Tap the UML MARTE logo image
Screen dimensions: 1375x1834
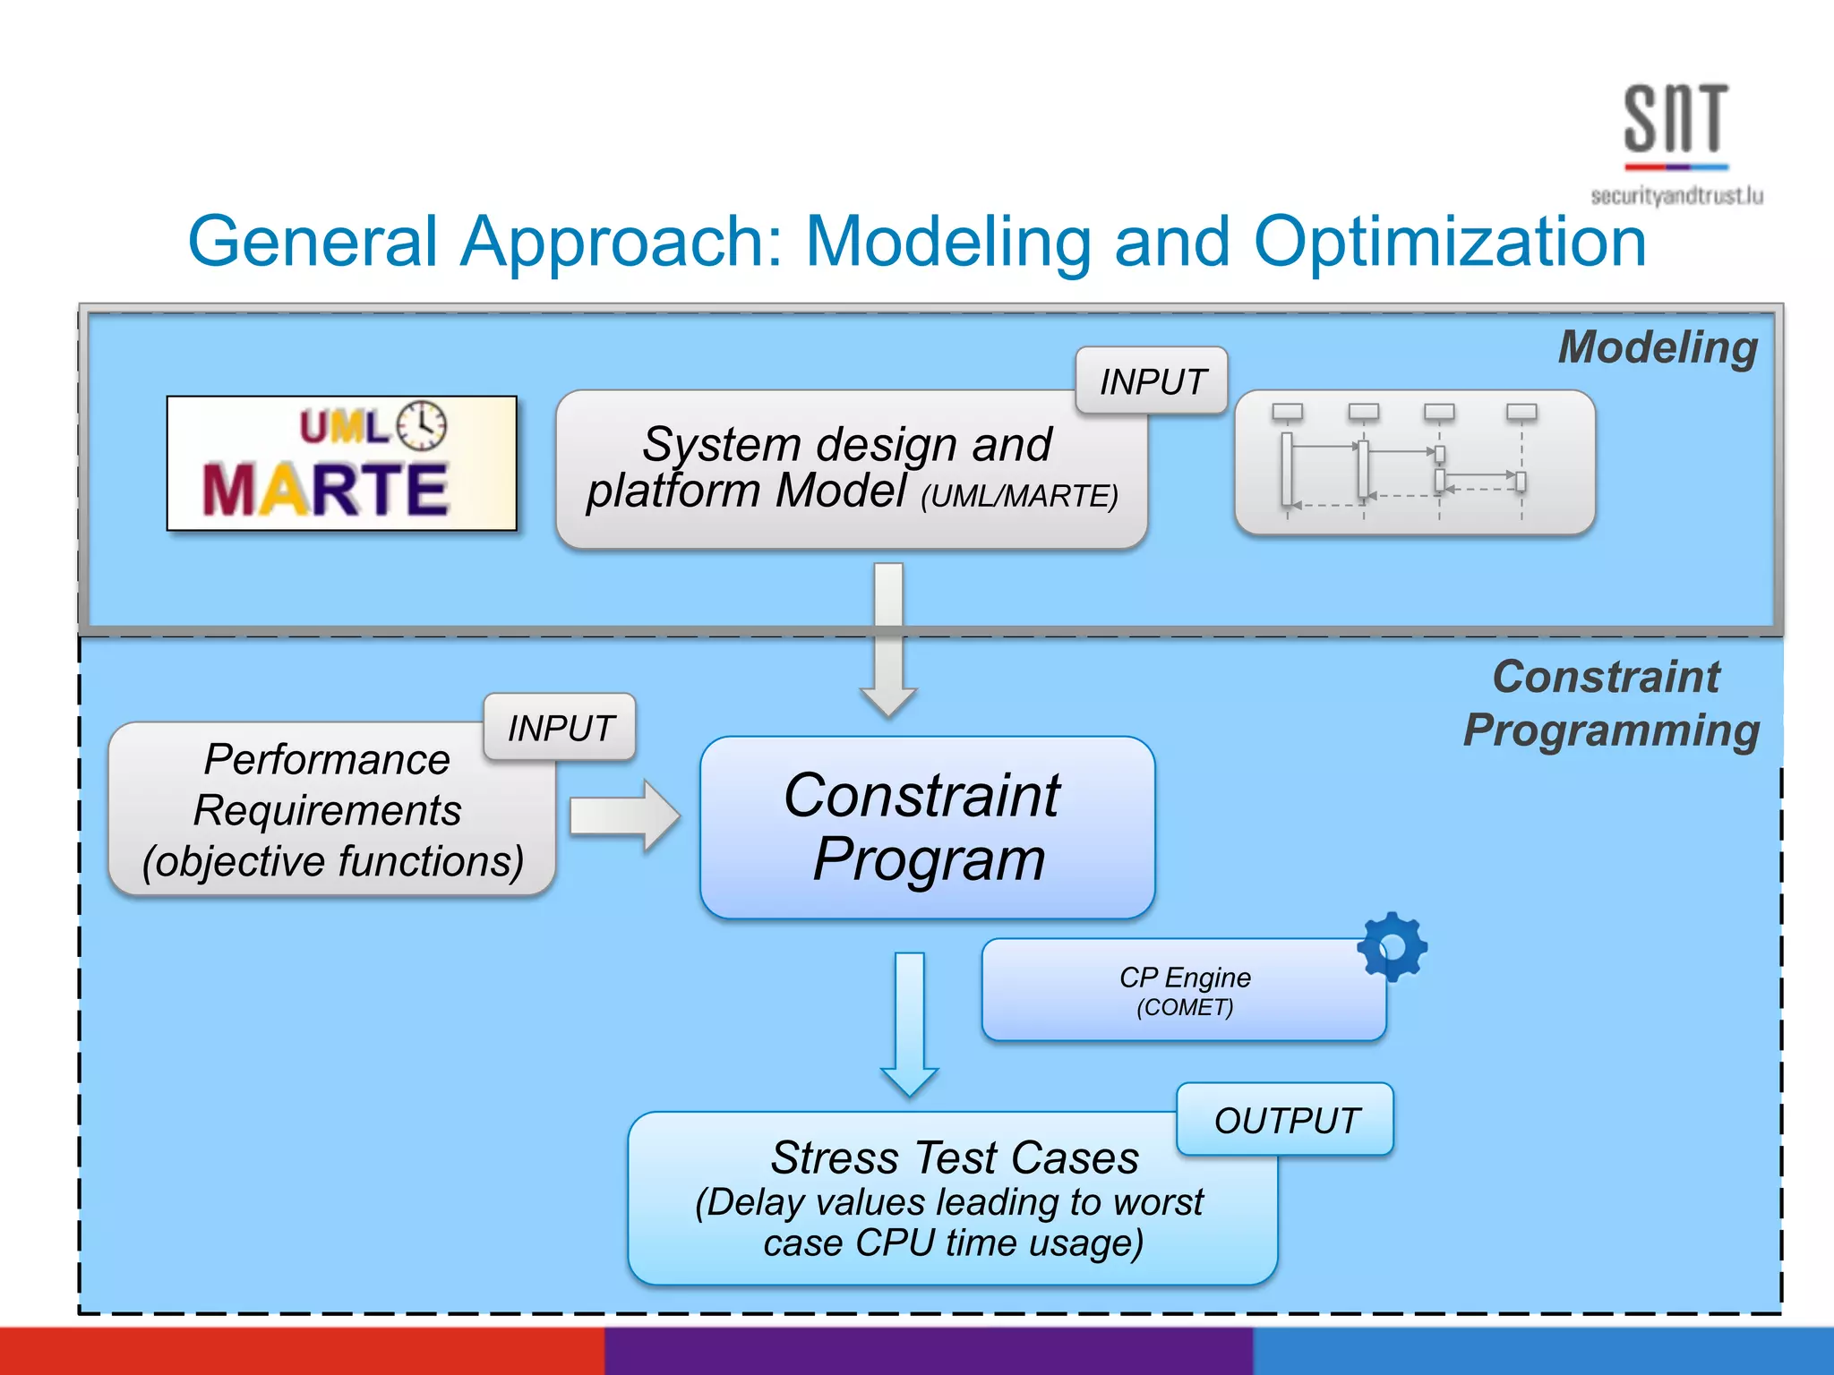[341, 464]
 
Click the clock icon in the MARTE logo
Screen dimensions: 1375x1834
[422, 426]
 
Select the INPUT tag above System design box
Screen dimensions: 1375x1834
[1152, 381]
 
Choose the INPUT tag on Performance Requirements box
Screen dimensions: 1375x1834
[561, 728]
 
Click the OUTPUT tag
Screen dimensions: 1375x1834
[1286, 1121]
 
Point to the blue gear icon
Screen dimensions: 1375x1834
[1392, 947]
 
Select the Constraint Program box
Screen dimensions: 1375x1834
[927, 828]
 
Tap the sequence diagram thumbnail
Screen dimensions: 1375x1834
[1414, 464]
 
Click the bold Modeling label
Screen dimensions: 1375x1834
[1658, 347]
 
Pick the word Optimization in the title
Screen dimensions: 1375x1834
[1450, 242]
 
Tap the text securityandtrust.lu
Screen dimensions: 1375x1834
[1676, 196]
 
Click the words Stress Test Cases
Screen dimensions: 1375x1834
[955, 1157]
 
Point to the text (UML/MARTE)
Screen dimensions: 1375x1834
[1019, 496]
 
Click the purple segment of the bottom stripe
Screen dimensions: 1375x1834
[928, 1352]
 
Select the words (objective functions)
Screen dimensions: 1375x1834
[332, 861]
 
